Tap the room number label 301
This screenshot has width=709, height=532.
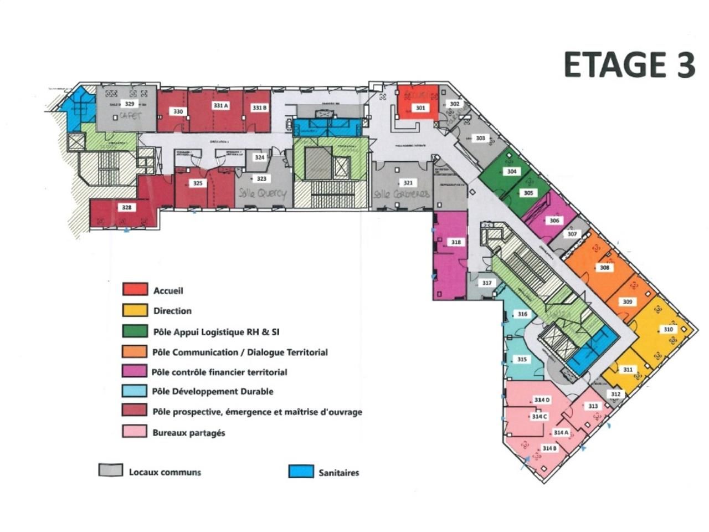tap(420, 108)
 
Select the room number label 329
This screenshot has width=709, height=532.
tap(129, 104)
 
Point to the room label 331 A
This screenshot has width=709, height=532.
tap(220, 105)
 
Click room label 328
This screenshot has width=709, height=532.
tap(127, 207)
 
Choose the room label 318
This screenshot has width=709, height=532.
tap(456, 242)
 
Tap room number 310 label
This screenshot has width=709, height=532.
tap(668, 329)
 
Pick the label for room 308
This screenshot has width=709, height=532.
tap(605, 268)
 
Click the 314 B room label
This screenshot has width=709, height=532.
tap(549, 448)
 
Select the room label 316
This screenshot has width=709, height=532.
tap(522, 314)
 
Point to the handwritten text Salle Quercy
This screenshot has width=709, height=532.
tap(263, 193)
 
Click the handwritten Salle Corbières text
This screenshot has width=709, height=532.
tap(401, 195)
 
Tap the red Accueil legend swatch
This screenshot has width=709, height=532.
tap(135, 289)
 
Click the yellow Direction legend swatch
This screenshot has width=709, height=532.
tap(135, 310)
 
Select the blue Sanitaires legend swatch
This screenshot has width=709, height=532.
tap(301, 472)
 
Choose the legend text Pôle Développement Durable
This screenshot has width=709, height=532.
tap(213, 391)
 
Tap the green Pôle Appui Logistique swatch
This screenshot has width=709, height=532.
tap(135, 331)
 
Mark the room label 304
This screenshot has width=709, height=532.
tap(512, 172)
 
